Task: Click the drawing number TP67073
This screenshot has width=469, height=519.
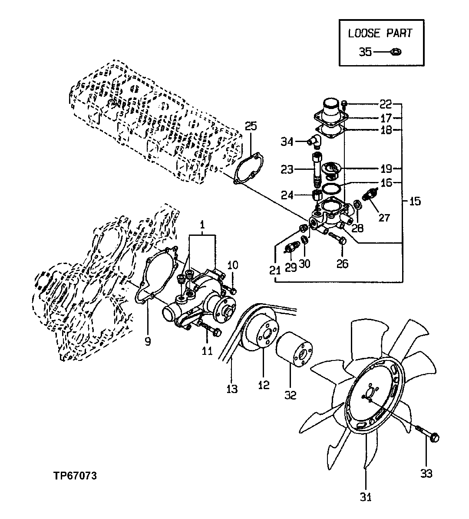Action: tap(73, 476)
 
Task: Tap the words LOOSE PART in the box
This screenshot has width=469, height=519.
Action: tap(380, 33)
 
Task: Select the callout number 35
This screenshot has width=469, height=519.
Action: tap(365, 52)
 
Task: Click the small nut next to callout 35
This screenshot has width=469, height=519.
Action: tap(396, 52)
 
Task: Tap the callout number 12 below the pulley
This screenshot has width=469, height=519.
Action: tap(264, 385)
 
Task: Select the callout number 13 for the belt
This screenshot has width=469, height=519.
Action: tap(232, 389)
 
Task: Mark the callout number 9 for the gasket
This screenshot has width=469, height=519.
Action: tap(148, 342)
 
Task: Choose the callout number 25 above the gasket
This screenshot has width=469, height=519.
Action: tap(251, 126)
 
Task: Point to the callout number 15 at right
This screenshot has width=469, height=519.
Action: tap(415, 202)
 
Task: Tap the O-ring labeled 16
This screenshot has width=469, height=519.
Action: tap(331, 188)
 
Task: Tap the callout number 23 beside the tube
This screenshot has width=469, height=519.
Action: tap(287, 169)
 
